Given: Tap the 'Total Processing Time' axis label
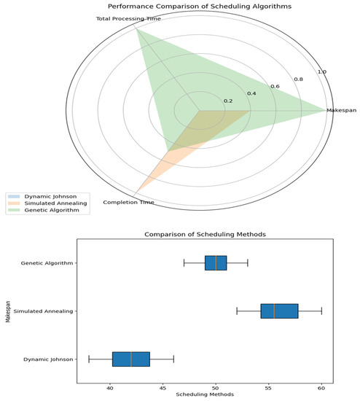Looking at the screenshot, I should point(128,18).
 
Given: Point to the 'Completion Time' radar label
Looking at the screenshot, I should point(128,202).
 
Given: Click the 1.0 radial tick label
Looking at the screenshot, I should point(321,71).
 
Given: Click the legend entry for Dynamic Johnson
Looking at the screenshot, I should point(44,196).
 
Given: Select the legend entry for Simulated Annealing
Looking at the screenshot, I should point(51,203).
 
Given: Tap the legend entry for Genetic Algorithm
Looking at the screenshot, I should point(48,211).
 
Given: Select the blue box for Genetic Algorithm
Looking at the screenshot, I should point(216,262).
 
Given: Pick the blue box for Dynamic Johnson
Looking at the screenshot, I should point(131,359).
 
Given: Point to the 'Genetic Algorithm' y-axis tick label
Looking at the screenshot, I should point(51,262).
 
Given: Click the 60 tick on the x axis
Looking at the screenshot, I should point(321,389).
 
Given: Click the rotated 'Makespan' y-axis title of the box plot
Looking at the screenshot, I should point(6,311).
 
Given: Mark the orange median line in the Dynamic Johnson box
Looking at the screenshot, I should point(131,359).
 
